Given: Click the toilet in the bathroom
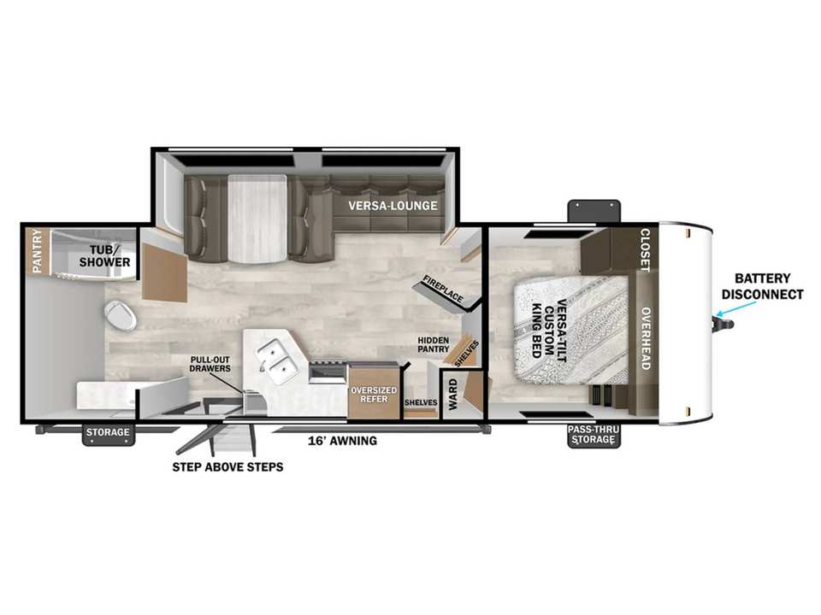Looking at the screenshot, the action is pos(121,316).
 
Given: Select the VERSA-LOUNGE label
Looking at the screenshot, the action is pos(393,206).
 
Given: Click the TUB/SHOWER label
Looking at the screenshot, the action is pos(104,256).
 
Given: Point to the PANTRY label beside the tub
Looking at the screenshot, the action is pos(37,251).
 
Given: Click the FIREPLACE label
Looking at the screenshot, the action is pos(443,289).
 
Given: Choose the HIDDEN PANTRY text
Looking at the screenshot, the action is pos(434,344).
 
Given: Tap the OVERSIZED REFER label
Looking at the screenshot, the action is pos(374,395).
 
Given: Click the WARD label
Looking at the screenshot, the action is pos(453,395).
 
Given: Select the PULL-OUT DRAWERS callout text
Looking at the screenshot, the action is pos(210,365).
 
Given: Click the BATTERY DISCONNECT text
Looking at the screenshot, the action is pos(762,287).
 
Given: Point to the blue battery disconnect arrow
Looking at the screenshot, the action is pos(736,308).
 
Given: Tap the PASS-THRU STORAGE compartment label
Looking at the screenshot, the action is pos(594,435).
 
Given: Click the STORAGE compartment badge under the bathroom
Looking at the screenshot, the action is pos(108,433).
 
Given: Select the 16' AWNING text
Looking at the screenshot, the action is pos(342,441).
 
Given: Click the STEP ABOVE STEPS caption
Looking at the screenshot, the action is pos(227,467).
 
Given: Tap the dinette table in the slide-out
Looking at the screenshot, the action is pos(257,219).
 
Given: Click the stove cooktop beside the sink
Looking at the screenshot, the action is pos(328,372).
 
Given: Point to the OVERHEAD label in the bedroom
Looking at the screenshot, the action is pos(647,339).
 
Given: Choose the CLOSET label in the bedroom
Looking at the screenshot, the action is pos(646,250).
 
